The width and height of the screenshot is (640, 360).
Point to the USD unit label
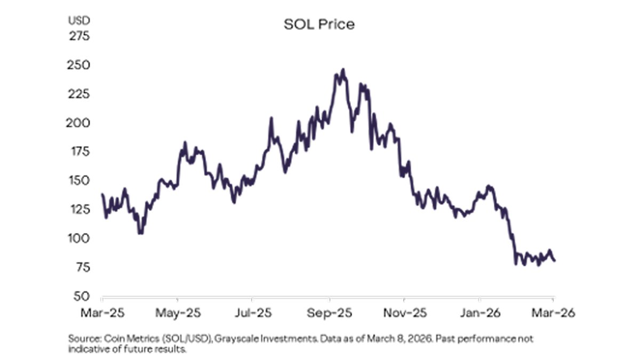tap(78, 21)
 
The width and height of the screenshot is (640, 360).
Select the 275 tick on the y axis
tap(78, 37)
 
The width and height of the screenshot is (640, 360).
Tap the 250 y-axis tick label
tap(78, 66)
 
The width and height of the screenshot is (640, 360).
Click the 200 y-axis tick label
tap(78, 123)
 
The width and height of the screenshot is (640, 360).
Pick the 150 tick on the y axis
tap(79, 181)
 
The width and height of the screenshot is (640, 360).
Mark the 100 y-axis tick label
tap(79, 238)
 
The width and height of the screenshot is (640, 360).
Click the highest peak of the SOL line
tap(343, 69)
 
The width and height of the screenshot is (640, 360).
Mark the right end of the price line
tap(555, 260)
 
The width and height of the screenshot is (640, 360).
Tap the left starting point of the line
tap(102, 194)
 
